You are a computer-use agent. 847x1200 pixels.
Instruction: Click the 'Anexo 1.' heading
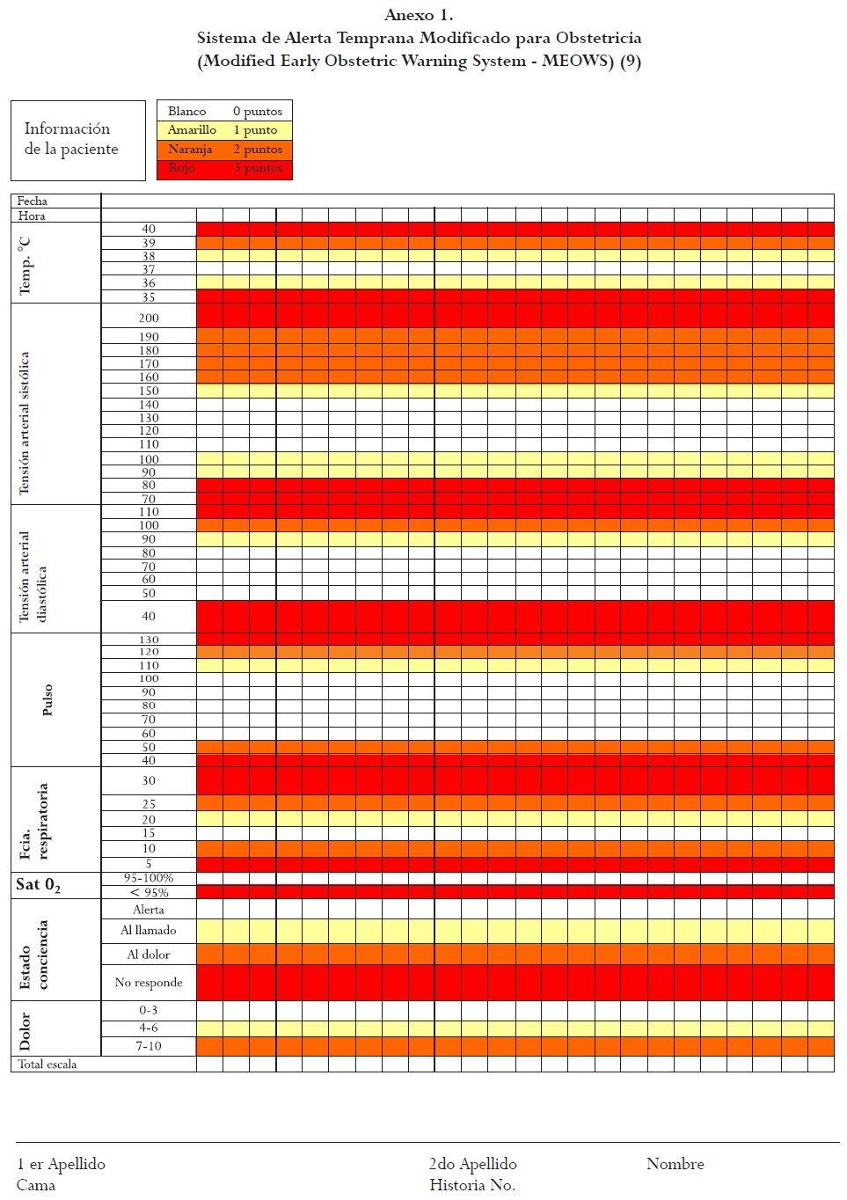click(419, 15)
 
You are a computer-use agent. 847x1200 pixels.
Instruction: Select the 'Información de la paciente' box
click(77, 140)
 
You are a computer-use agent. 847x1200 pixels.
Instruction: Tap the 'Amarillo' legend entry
click(192, 130)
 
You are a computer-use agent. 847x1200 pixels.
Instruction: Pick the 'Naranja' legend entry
click(190, 150)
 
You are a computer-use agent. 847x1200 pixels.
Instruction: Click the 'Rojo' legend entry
click(182, 168)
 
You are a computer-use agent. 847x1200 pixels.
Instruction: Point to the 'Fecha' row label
click(33, 201)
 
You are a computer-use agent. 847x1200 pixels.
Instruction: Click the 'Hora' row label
click(32, 216)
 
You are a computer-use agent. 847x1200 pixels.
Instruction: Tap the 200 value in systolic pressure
click(149, 318)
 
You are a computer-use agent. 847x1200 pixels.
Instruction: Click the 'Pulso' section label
click(47, 699)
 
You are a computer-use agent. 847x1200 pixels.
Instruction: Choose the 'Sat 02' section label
click(38, 885)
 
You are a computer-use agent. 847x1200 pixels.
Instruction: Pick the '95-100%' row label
click(149, 878)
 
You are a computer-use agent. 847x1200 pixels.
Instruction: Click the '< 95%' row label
click(149, 892)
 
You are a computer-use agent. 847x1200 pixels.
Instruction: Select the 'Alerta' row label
click(149, 910)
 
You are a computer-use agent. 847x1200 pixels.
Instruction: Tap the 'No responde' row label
click(149, 983)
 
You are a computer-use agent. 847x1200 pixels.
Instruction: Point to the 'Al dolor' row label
click(149, 955)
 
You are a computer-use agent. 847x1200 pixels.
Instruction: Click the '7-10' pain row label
click(149, 1046)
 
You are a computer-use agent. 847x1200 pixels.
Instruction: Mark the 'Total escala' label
click(47, 1065)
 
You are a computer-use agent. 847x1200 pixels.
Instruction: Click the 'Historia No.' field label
click(472, 1185)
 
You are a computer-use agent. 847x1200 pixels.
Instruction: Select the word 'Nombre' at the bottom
click(675, 1164)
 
